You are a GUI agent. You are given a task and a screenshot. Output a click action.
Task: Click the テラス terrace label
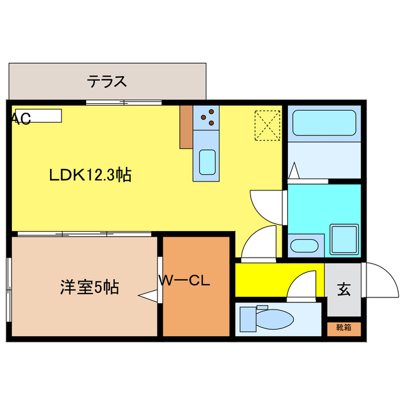(108, 81)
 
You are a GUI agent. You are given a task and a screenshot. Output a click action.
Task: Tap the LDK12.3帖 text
(90, 175)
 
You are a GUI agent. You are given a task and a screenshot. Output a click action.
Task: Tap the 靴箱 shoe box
(344, 328)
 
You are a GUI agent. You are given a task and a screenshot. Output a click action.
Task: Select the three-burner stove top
(206, 116)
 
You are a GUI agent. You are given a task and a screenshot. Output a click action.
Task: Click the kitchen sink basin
(207, 161)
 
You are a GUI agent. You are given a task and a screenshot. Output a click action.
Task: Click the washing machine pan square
(344, 239)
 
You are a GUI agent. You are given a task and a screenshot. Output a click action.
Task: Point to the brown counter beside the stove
(186, 127)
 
